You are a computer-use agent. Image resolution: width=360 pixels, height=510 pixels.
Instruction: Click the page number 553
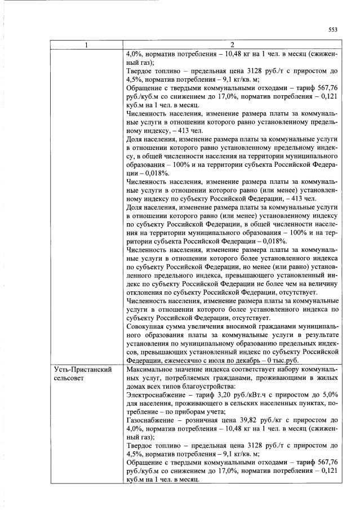point(332,30)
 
